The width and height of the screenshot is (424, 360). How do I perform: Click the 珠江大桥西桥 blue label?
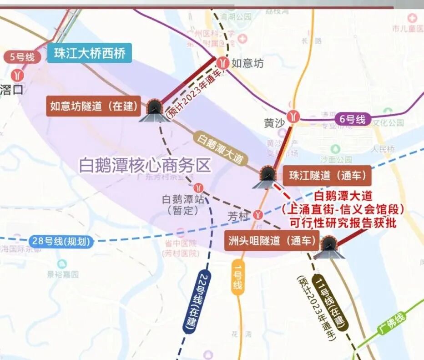point(89,53)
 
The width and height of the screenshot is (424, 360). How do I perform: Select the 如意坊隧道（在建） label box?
point(94,106)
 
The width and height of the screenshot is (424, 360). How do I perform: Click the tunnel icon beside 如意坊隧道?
point(155,111)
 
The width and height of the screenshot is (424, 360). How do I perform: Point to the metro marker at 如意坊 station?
point(223,62)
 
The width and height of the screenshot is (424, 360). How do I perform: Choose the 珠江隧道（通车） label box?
point(327,175)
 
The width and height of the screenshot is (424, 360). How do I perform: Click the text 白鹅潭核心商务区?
point(145,165)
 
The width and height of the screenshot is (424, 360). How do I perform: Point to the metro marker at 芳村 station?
point(259,214)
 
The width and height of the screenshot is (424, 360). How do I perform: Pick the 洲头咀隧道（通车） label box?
point(270,241)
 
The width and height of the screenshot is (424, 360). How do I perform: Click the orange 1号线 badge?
point(237,278)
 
